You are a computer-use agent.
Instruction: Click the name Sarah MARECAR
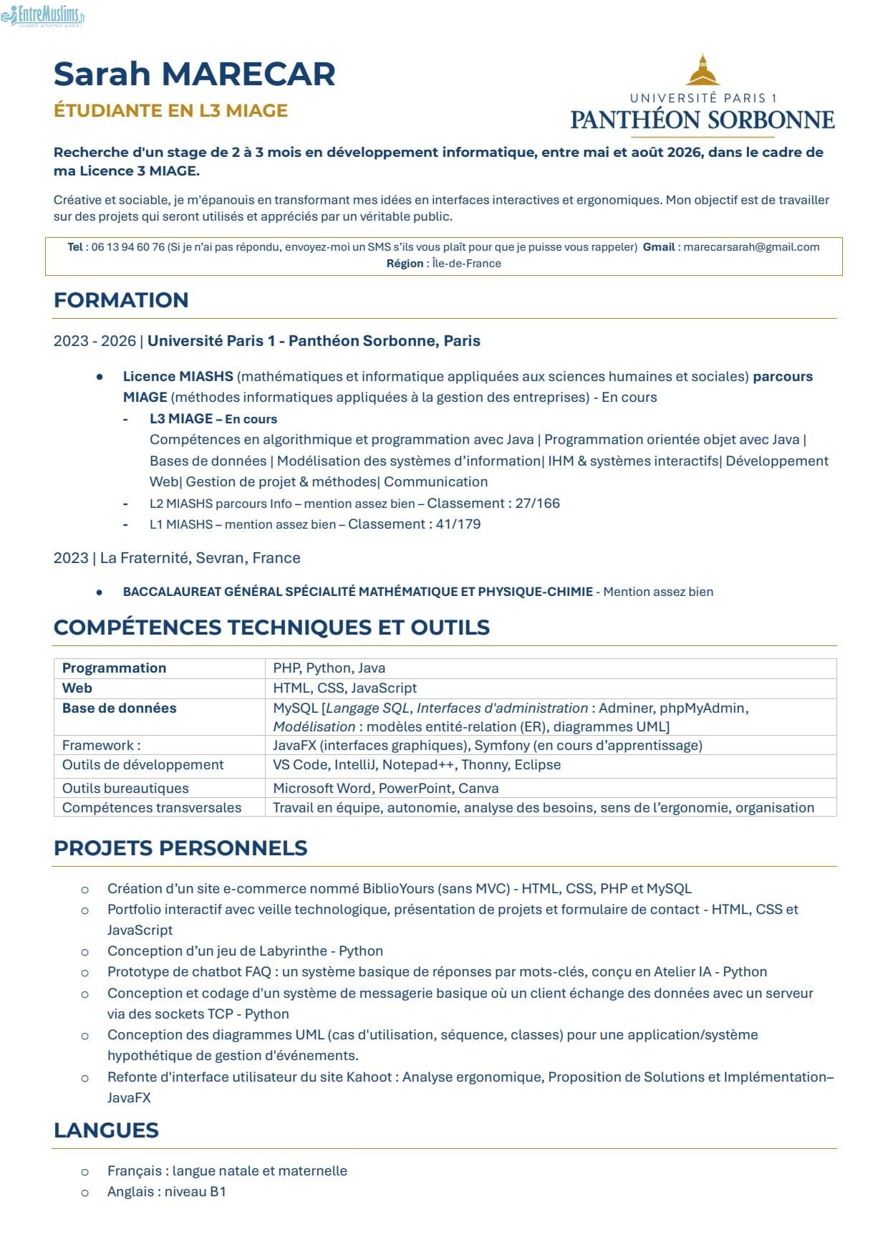(x=194, y=74)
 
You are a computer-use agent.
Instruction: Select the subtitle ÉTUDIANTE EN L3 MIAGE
(x=170, y=110)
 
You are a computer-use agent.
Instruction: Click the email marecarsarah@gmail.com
(x=751, y=247)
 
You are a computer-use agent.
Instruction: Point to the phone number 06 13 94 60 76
(x=128, y=247)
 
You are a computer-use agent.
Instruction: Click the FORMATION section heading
(x=121, y=300)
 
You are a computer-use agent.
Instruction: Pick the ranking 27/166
(x=537, y=503)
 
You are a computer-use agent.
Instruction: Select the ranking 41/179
(x=458, y=524)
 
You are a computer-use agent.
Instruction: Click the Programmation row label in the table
(x=114, y=668)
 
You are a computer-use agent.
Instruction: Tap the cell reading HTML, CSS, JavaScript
(x=344, y=688)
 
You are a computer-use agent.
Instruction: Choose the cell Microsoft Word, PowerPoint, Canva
(x=385, y=788)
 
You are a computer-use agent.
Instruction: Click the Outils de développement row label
(x=143, y=764)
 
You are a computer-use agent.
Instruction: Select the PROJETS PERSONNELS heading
(x=180, y=848)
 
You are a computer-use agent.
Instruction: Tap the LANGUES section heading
(x=106, y=1130)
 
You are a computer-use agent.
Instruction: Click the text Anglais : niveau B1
(x=166, y=1191)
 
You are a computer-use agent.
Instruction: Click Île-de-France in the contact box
(x=466, y=264)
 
